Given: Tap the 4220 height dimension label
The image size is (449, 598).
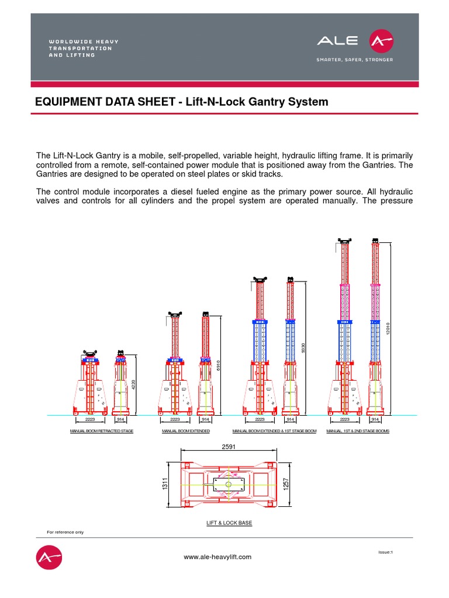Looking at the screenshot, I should tap(133, 385).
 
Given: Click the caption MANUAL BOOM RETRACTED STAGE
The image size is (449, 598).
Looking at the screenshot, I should tap(102, 431).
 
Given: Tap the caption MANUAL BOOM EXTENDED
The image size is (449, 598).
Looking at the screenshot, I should tap(185, 431).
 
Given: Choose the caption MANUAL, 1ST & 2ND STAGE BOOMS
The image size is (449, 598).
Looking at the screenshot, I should tap(357, 431).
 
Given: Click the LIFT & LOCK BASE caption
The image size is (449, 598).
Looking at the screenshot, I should tap(229, 523).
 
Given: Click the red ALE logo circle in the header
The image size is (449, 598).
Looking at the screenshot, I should tap(381, 41).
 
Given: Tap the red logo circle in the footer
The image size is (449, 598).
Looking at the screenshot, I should tap(49, 558).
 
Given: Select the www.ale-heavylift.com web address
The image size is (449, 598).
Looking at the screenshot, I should tap(217, 557).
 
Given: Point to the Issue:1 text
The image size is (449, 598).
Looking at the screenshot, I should tap(386, 552).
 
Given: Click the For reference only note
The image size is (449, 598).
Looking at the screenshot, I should tap(65, 532).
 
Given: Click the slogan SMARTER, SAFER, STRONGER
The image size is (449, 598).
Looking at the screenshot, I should tap(354, 60).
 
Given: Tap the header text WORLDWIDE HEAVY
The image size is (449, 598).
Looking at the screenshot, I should tap(84, 41).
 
